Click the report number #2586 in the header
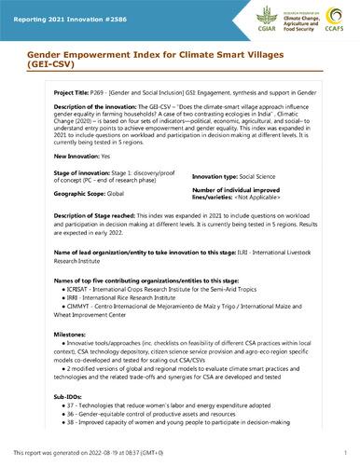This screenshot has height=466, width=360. coord(110,10)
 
